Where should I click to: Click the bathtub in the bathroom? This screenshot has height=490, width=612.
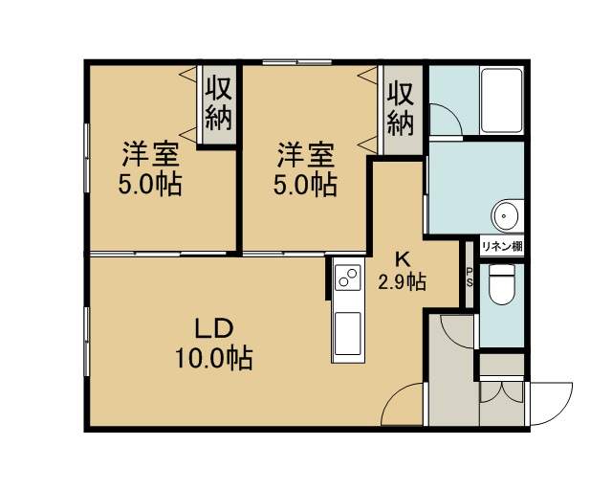(x=501, y=100)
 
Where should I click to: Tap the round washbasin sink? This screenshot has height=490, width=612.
(x=506, y=216)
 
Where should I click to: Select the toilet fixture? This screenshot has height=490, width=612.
(x=502, y=284)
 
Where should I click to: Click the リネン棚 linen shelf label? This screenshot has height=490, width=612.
(x=502, y=247)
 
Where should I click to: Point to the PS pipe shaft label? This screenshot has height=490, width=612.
(x=469, y=277)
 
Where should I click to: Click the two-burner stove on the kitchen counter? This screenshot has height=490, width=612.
(x=347, y=278)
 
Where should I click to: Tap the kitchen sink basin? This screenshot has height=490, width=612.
(x=347, y=333)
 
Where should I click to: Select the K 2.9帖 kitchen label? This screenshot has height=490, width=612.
(x=402, y=272)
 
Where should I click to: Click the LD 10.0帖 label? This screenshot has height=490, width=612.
(x=213, y=344)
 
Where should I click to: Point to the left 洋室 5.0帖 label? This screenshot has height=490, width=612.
(x=150, y=168)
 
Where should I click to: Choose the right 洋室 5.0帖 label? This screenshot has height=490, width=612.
(x=305, y=168)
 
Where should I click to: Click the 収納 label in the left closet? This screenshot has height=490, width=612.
(x=219, y=104)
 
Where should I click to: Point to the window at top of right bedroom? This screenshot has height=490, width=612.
(x=297, y=62)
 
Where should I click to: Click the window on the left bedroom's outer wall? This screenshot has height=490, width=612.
(x=87, y=158)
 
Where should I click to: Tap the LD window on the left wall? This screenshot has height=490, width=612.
(x=87, y=342)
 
